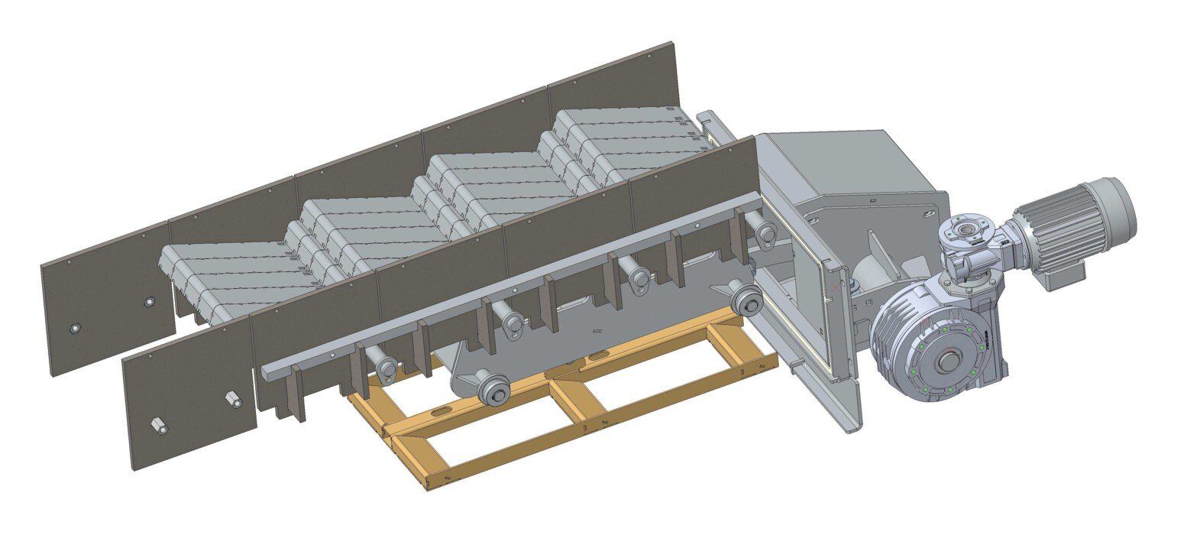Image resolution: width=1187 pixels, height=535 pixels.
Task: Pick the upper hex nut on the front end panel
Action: pos(232,399)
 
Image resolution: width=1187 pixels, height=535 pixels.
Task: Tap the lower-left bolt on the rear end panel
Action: pos(74,329)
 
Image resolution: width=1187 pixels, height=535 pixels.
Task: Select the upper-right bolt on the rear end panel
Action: pos(150,303)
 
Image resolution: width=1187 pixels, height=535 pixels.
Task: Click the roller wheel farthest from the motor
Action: pos(494,391)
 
